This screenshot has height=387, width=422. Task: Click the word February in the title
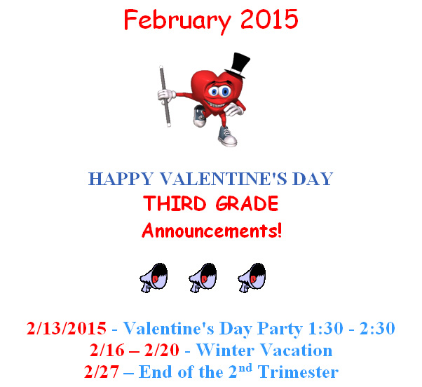point(177,20)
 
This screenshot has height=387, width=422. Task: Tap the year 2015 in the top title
point(269,19)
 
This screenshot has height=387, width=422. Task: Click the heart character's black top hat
point(238,65)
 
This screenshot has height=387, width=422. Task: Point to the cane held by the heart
point(165,96)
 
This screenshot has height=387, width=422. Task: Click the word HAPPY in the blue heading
point(121,179)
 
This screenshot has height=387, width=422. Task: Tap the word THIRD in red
point(175,203)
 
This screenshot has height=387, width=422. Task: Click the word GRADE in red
point(247,203)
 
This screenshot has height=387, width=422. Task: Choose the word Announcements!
point(212,231)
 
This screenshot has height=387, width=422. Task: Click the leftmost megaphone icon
point(154,278)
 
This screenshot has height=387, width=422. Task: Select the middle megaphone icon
point(203,278)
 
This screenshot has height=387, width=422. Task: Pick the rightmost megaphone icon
point(252,278)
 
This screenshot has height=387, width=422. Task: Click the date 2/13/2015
point(67,328)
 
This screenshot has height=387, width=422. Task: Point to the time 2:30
point(377,328)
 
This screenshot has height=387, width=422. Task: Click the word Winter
point(225,350)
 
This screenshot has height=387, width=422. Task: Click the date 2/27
point(102,372)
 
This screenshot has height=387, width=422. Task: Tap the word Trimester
point(298,372)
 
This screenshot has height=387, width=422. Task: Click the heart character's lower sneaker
point(227,137)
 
